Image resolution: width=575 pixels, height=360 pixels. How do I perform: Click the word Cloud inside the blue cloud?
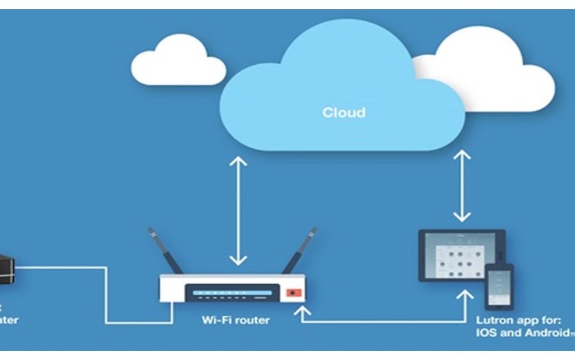coord(343,112)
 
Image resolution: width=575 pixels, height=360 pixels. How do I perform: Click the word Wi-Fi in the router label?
coord(216,320)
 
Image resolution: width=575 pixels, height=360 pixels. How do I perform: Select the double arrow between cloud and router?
coord(238,210)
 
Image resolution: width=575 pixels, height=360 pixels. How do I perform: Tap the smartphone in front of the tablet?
coord(499,286)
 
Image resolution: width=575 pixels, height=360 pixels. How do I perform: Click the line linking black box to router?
coord(105,297)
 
